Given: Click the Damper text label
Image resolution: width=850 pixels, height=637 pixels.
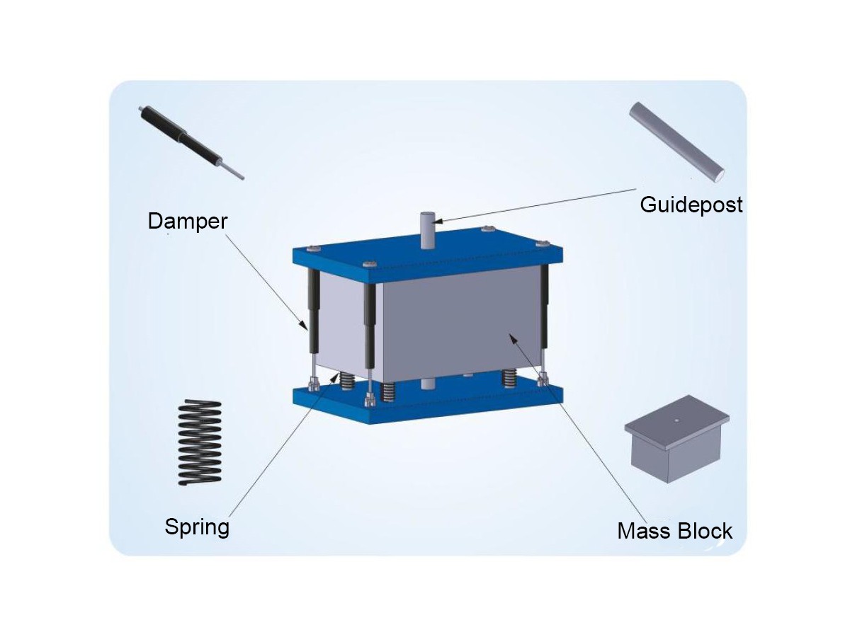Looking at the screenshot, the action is pos(188,222).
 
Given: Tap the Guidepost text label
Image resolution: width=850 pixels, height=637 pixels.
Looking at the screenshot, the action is pos(691,205).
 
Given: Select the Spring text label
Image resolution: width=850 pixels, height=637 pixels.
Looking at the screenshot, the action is pos(197,527).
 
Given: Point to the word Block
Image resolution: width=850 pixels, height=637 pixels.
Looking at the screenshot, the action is pos(703,531).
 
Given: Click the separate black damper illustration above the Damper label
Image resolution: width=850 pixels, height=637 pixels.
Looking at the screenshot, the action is pos(191,143).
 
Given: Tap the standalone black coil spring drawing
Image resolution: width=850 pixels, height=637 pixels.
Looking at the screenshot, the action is pos(200,443).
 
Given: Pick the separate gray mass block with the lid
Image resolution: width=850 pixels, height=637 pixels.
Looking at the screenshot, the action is pos(676,438).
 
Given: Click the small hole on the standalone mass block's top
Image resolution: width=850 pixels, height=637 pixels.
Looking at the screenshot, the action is pos(676,420).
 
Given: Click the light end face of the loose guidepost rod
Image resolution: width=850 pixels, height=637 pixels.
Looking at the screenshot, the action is pos(719,176).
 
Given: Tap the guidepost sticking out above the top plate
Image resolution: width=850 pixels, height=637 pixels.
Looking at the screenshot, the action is pos(428,230).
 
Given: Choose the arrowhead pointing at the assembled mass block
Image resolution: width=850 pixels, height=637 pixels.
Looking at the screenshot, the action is pos(513,339).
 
